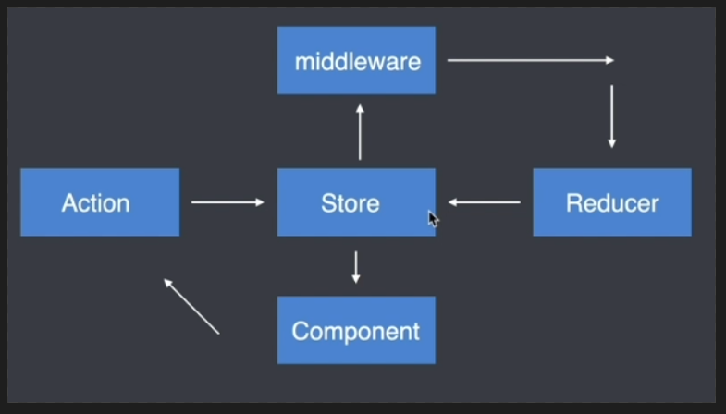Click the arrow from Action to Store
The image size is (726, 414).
point(228,202)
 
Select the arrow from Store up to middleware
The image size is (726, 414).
point(360,131)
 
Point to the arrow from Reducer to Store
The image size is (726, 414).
point(484,202)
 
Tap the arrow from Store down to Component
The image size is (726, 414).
point(356,266)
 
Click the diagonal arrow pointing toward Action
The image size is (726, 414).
point(191,306)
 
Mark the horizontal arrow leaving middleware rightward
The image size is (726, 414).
point(530,61)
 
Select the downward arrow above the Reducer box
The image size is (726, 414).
point(611,116)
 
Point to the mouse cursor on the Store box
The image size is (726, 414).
point(433,218)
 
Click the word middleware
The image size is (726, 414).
point(357,62)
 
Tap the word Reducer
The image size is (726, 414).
point(612,203)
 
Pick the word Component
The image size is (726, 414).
point(356,331)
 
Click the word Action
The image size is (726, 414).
point(95,203)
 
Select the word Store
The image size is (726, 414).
point(350,203)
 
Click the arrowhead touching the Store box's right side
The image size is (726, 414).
point(453,202)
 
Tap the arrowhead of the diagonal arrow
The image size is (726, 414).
point(167,283)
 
